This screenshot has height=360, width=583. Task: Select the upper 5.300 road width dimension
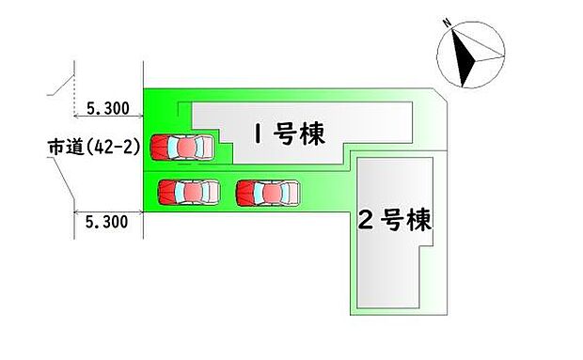click(x=106, y=109)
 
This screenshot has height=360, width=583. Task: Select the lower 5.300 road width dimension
click(x=106, y=223)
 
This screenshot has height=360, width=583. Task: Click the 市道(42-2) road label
click(x=93, y=148)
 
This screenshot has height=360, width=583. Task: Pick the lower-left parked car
click(x=188, y=192)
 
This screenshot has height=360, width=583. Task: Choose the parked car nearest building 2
click(x=269, y=192)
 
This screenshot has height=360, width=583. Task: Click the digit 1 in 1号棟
click(x=256, y=135)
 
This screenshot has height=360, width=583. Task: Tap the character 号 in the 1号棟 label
click(x=285, y=134)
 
